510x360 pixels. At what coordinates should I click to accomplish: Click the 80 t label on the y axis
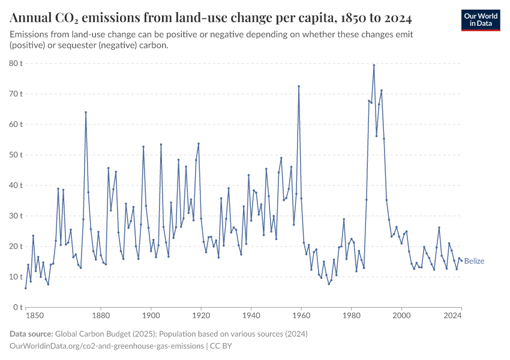(x=16, y=64)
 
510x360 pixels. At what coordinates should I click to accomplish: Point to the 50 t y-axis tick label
(x=16, y=155)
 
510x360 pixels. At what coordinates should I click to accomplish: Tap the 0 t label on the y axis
(x=18, y=307)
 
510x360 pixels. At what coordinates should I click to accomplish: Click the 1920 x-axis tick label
(x=201, y=314)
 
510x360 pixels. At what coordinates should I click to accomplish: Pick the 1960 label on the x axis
(x=301, y=314)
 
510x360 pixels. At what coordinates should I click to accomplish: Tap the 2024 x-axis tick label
(x=453, y=314)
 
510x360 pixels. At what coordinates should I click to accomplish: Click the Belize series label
(x=474, y=261)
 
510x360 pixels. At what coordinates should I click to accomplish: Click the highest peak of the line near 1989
(x=374, y=65)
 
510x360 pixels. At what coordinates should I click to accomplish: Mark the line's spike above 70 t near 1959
(x=299, y=86)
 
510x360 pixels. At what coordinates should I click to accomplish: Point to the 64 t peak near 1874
(x=86, y=112)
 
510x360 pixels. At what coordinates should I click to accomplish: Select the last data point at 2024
(x=461, y=260)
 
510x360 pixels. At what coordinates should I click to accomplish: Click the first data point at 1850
(x=26, y=288)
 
